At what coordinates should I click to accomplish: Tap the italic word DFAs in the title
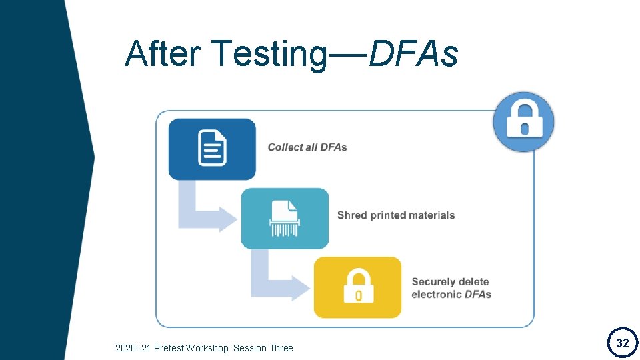click(x=413, y=53)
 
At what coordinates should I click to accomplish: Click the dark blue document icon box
click(x=212, y=149)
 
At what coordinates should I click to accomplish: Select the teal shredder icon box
click(x=285, y=218)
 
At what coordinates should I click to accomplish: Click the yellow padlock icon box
click(x=357, y=287)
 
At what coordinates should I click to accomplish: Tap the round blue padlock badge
click(x=523, y=121)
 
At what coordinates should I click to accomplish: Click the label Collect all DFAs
click(x=307, y=147)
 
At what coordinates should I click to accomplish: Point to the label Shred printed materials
click(x=396, y=215)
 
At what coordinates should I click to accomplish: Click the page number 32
click(x=622, y=343)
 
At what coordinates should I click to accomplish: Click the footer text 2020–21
click(x=131, y=348)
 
